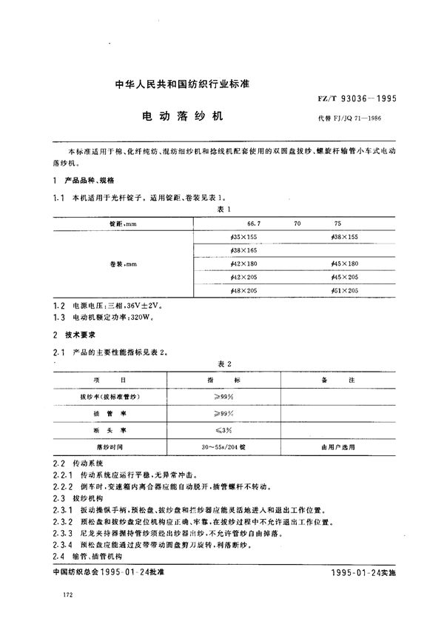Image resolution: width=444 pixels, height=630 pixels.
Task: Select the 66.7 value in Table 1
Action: pyautogui.click(x=252, y=222)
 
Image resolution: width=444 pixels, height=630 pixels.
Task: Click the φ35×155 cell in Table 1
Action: pyautogui.click(x=243, y=236)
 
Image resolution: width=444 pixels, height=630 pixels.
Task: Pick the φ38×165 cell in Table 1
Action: pyautogui.click(x=243, y=249)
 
